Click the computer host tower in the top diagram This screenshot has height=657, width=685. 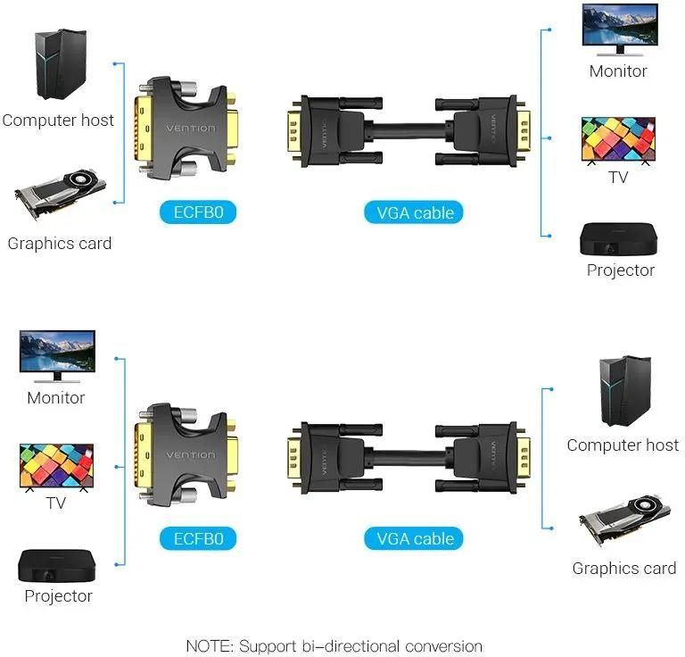61,64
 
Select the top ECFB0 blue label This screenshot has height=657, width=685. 198,212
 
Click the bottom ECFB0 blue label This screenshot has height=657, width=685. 198,538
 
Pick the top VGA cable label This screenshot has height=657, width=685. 415,212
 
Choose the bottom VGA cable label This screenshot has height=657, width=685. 415,538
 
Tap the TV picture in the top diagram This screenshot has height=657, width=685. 618,139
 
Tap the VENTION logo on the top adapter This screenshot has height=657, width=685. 190,129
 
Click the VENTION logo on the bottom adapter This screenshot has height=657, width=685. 190,455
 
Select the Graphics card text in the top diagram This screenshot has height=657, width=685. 60,243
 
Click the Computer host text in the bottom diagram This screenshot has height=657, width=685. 623,445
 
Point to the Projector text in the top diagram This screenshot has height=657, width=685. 621,270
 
